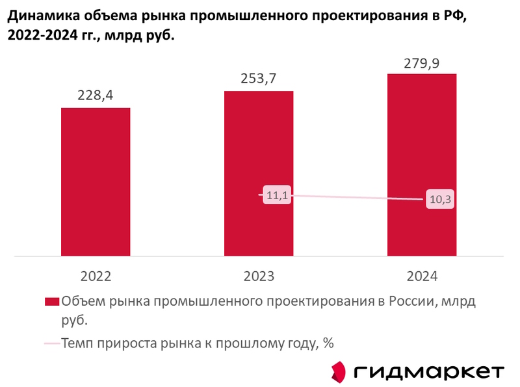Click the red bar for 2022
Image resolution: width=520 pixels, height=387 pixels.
click(x=96, y=181)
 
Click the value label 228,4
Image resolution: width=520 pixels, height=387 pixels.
click(x=96, y=96)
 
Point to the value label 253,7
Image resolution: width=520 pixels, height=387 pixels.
click(x=259, y=79)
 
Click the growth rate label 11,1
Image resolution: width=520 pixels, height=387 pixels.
click(x=277, y=194)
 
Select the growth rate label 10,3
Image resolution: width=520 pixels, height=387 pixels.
click(x=439, y=200)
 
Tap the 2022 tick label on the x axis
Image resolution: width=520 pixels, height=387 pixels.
click(x=96, y=276)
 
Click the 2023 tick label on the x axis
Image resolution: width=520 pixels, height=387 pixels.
click(x=259, y=276)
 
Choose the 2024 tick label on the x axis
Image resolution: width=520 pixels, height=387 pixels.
click(x=422, y=276)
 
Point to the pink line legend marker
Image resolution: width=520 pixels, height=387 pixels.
click(x=51, y=343)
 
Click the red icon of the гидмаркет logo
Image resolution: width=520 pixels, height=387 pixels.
click(x=339, y=371)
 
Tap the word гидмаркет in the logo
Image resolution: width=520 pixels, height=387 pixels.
click(x=430, y=371)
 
